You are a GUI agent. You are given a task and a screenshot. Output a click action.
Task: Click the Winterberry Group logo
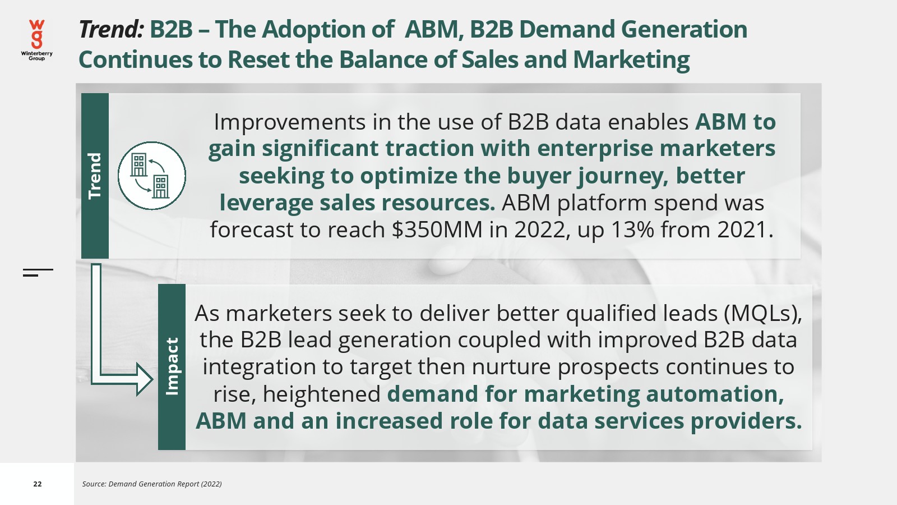point(36,40)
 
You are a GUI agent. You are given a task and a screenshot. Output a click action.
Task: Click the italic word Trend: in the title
point(111,29)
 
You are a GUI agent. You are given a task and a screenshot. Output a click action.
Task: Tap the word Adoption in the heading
point(327,30)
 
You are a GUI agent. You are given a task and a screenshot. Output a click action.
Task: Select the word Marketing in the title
point(631,60)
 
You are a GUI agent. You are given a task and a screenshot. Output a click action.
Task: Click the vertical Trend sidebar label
point(95,176)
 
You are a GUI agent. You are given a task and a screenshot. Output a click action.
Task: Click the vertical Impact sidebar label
point(172,366)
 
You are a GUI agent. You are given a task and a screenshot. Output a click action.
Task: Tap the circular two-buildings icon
point(152,176)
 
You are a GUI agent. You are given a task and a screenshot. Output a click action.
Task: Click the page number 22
point(37,484)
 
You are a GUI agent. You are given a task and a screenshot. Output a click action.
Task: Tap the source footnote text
point(152,484)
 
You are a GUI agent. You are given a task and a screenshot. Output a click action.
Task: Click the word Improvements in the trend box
point(289,122)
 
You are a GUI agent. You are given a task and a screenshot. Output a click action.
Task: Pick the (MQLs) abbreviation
point(763,314)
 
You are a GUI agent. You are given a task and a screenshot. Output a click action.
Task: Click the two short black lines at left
point(38,273)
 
